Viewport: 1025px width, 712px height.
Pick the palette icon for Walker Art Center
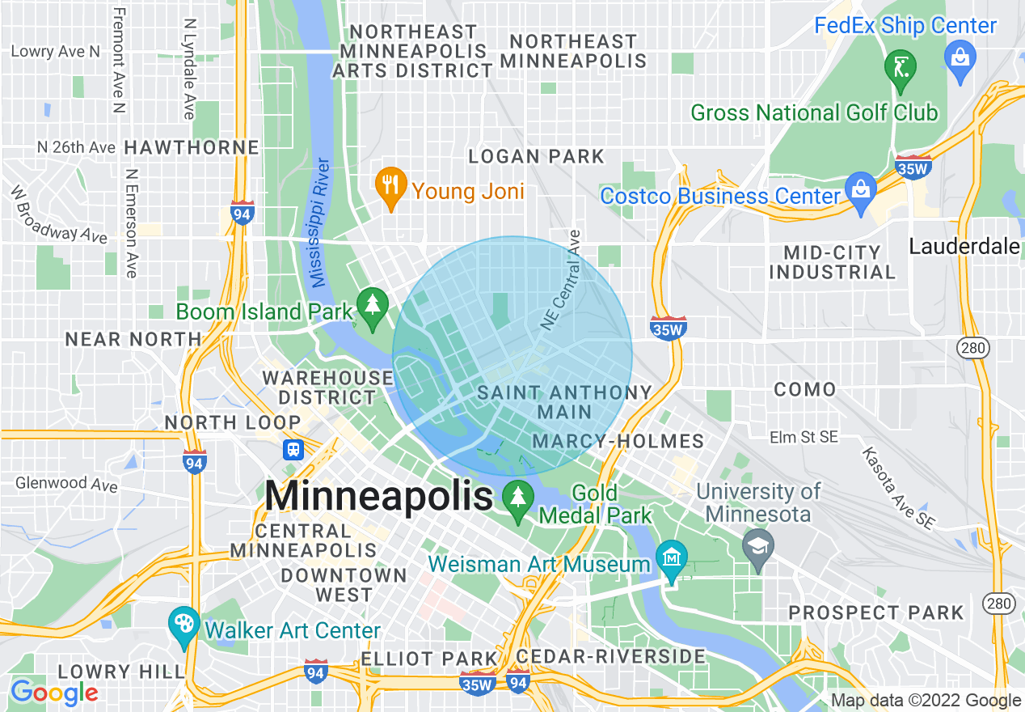click(184, 625)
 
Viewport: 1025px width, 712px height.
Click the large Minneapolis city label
click(378, 495)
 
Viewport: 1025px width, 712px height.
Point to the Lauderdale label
click(964, 246)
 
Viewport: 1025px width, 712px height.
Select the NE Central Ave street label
click(562, 280)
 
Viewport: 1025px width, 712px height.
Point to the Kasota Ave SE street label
click(897, 489)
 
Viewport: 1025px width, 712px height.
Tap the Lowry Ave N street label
click(56, 52)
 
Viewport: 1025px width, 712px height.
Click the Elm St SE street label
click(804, 437)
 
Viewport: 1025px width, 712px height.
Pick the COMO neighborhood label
click(804, 390)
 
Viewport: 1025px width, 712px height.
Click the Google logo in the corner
click(54, 693)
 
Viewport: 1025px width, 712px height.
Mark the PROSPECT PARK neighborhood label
click(876, 612)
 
